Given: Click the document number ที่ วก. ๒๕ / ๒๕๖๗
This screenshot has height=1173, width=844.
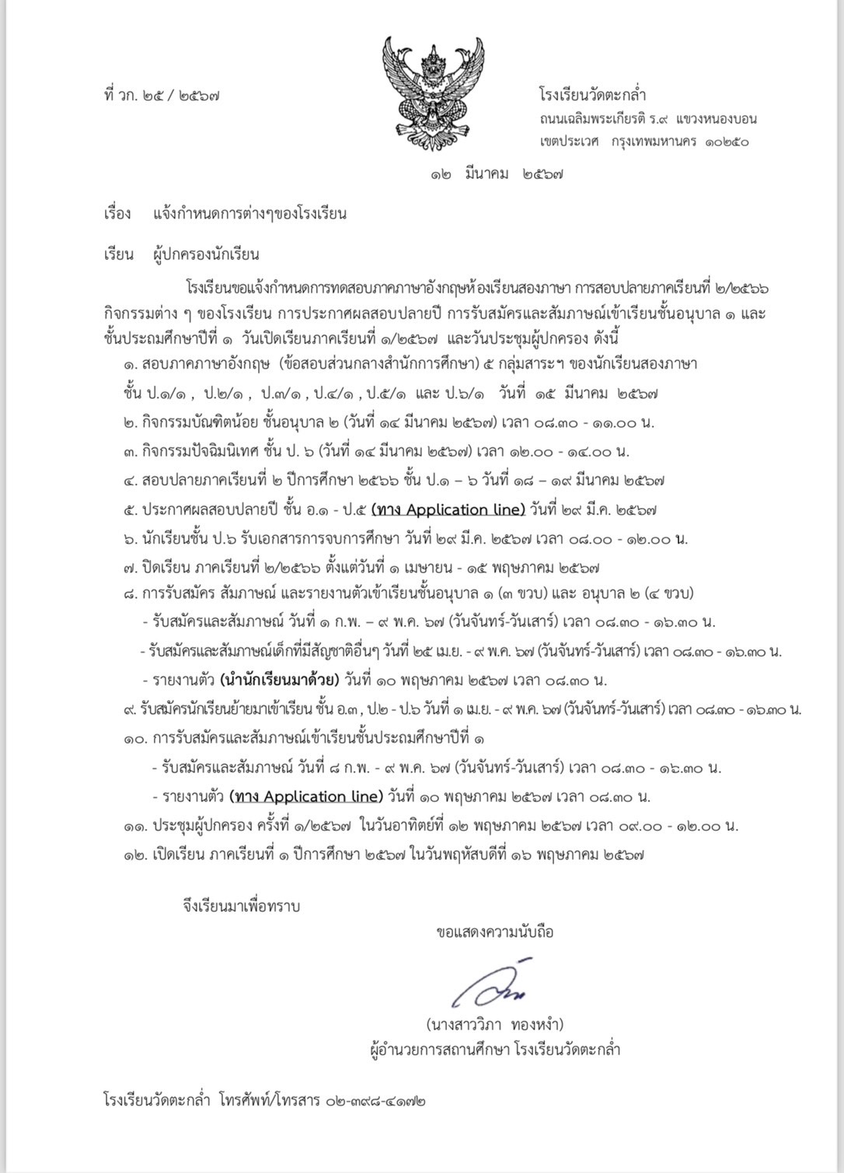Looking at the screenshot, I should [x=160, y=96].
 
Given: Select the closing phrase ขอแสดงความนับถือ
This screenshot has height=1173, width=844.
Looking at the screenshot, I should [x=495, y=931].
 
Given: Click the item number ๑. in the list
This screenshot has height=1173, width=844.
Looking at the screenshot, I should [x=130, y=364].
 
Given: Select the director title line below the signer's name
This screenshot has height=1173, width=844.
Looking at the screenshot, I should [x=495, y=1050].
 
